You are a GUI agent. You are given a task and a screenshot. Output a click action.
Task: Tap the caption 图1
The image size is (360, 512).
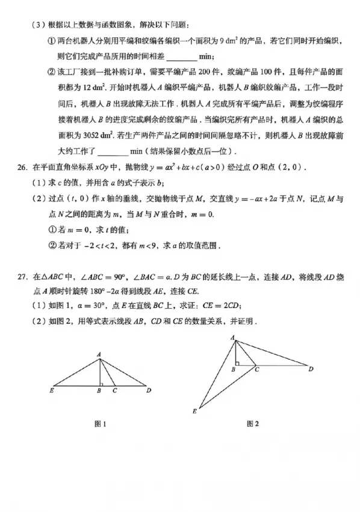pyautogui.click(x=101, y=424)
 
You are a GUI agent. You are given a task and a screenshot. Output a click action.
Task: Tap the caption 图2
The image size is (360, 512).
pyautogui.click(x=252, y=424)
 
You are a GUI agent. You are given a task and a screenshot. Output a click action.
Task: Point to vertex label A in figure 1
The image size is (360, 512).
pyautogui.click(x=99, y=356)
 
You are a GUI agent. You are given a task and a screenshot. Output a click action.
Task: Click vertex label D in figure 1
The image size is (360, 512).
pyautogui.click(x=147, y=390)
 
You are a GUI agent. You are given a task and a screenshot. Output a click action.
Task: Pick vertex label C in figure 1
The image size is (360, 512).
pyautogui.click(x=115, y=391)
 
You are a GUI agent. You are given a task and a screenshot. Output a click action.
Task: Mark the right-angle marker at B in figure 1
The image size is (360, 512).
pyautogui.click(x=102, y=383)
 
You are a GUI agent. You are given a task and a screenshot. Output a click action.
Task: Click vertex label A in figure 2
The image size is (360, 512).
pyautogui.click(x=232, y=339)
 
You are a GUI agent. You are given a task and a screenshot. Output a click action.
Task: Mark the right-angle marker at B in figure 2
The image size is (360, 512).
pyautogui.click(x=238, y=363)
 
